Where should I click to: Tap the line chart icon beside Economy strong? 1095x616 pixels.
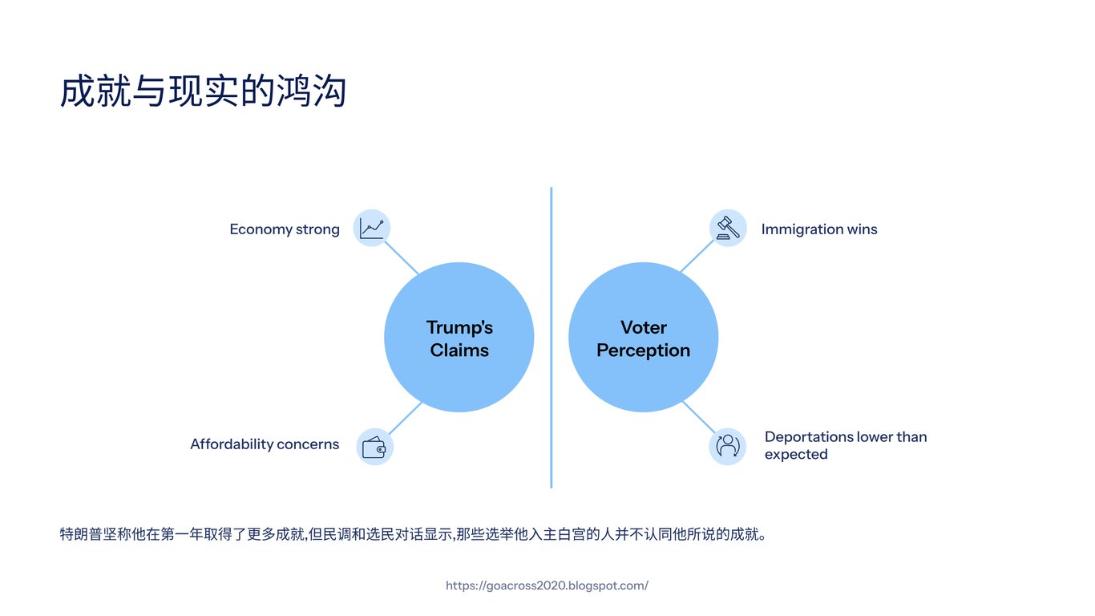coord(371,228)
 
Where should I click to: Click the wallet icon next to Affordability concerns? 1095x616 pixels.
coord(374,446)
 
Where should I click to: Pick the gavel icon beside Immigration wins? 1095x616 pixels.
coord(728,228)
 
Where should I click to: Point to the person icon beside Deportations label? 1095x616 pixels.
coord(728,446)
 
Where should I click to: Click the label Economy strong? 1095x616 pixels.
coord(285,229)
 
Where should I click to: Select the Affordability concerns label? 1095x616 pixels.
coord(265,444)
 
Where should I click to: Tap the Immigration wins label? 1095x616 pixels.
coord(819,229)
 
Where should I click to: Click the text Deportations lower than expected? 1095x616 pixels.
coord(845,445)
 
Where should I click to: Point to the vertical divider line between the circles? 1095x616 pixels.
coord(552,337)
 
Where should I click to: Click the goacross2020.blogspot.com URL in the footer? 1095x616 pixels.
coord(547,586)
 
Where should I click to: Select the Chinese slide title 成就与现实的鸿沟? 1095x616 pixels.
coord(203,91)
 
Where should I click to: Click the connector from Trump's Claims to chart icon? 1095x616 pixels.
coord(401,257)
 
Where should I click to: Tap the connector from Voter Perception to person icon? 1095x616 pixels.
coord(697,417)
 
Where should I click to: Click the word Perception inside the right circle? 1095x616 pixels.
coord(643,351)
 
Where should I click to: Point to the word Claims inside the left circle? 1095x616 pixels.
coord(459,351)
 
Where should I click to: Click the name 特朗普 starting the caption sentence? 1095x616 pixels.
coord(79,534)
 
